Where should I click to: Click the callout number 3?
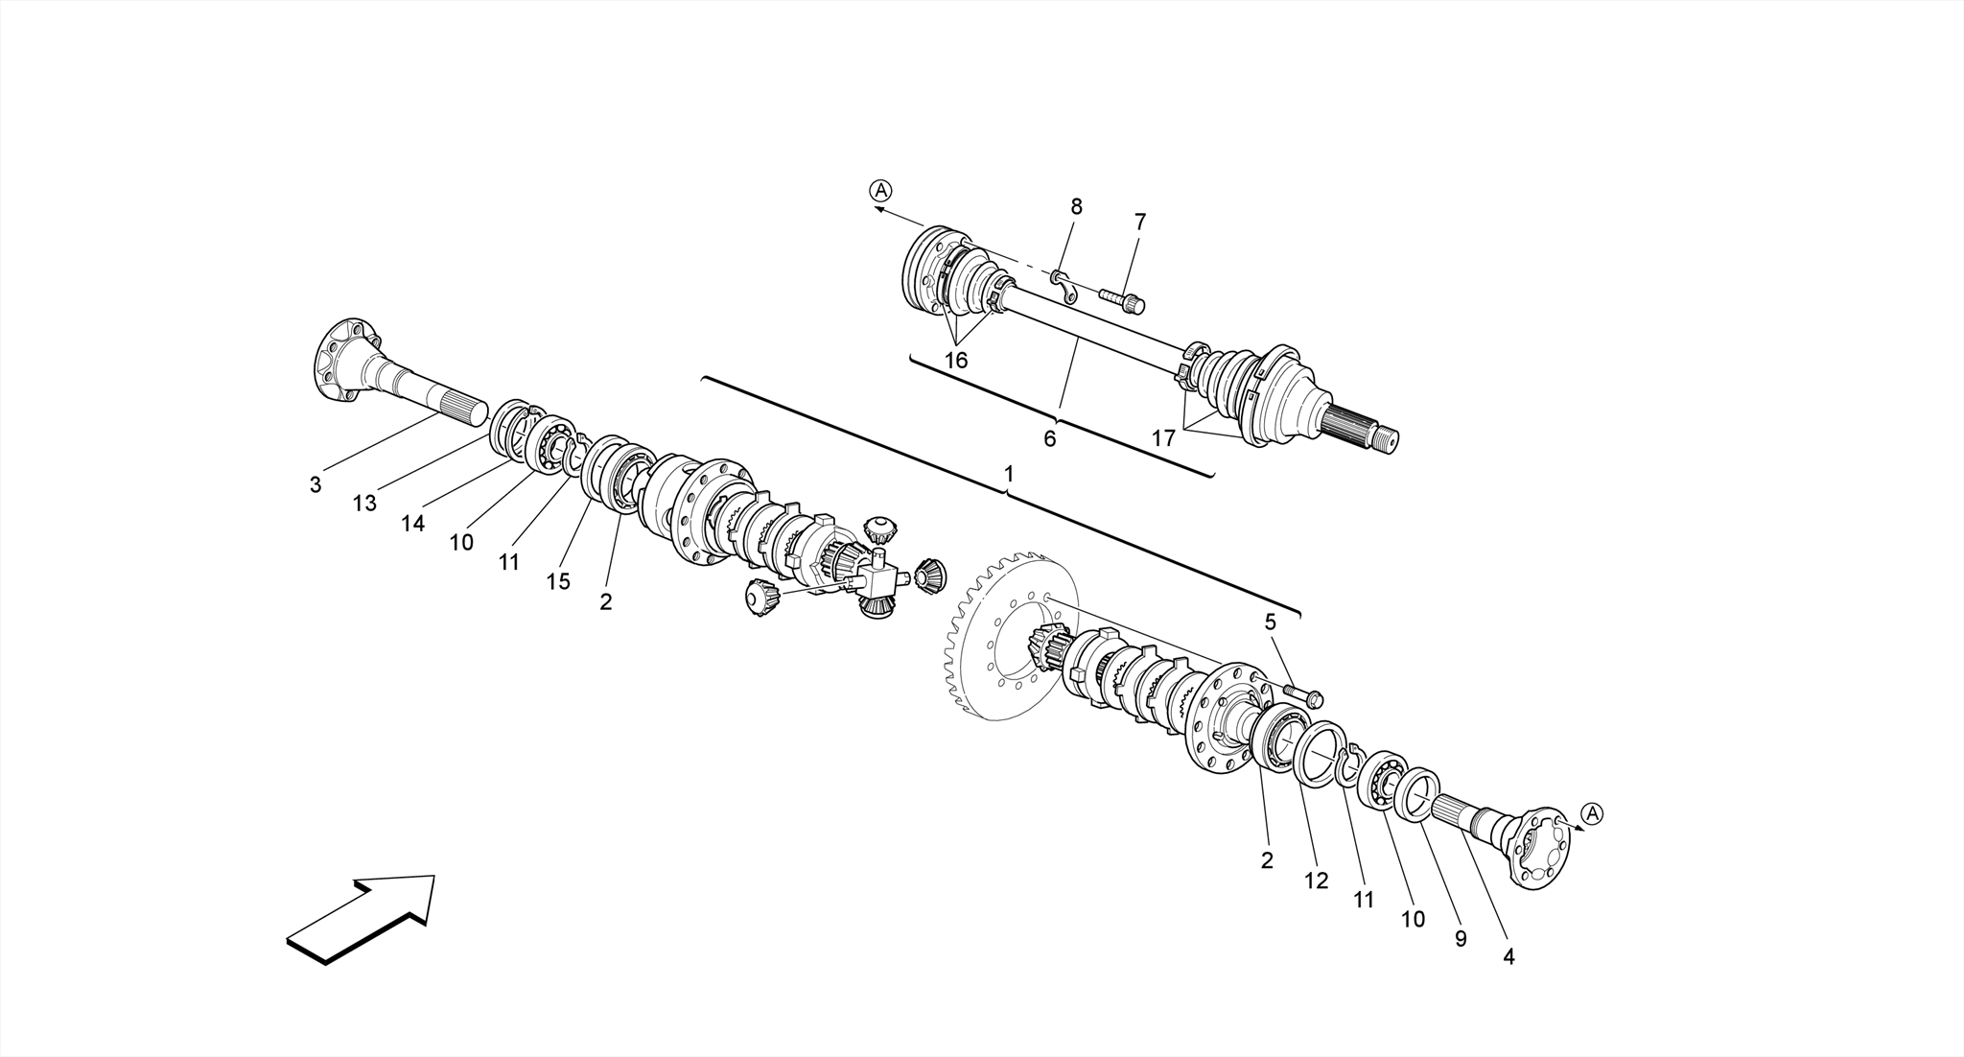tap(316, 485)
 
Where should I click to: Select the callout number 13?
tap(364, 504)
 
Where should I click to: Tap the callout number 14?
tap(412, 524)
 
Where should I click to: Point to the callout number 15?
tap(558, 582)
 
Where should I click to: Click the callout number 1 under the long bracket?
tap(1008, 475)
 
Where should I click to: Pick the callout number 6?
tap(1049, 439)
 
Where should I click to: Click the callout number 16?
tap(955, 361)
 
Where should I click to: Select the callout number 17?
tap(1163, 439)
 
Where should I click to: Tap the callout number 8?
tap(1076, 206)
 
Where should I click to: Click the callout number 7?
tap(1139, 222)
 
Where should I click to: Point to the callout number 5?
tap(1270, 622)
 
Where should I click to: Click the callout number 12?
tap(1316, 881)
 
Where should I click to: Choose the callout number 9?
tap(1461, 939)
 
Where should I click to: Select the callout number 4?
tap(1508, 957)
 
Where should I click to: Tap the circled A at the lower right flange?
tap(1591, 814)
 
